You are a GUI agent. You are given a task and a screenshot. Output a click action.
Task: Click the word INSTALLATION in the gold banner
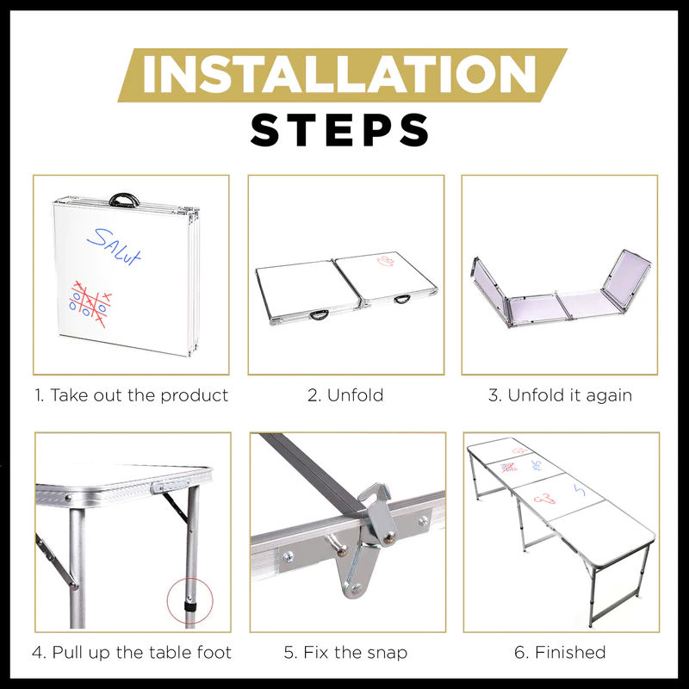(339, 74)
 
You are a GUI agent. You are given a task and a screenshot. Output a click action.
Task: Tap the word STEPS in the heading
(339, 130)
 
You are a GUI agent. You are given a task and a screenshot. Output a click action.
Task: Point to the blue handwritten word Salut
(115, 246)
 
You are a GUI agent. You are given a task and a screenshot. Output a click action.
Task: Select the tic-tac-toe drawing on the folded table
(90, 304)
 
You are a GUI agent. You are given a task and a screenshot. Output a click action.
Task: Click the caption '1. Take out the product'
(132, 395)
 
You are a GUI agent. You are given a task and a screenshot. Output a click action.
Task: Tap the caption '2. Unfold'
(345, 395)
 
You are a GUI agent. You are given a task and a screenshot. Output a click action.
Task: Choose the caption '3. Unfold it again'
(561, 395)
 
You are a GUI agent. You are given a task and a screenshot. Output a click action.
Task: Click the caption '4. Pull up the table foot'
(132, 652)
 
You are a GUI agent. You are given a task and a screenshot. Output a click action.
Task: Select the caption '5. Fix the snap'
(346, 652)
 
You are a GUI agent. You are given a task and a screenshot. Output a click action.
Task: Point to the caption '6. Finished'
(561, 652)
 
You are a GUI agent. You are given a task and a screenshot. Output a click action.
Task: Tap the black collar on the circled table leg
(190, 607)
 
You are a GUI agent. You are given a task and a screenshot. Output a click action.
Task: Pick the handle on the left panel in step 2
(319, 314)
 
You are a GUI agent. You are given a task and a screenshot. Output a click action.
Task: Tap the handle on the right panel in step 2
(402, 300)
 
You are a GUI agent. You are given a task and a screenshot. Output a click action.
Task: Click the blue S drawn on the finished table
(580, 490)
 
